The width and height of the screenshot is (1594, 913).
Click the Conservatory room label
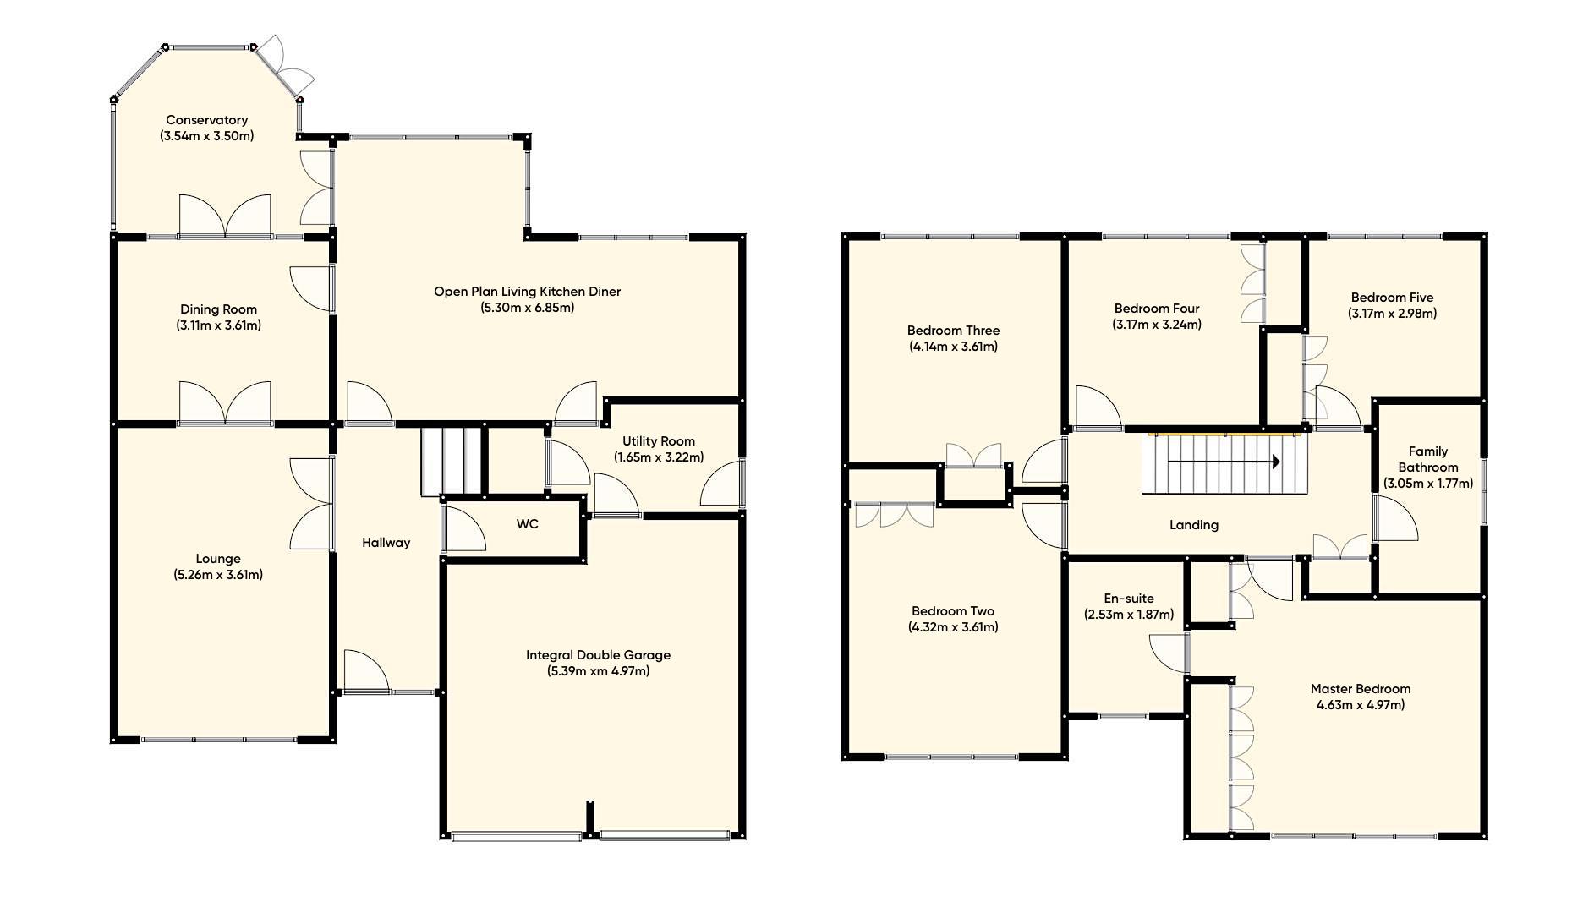(x=206, y=120)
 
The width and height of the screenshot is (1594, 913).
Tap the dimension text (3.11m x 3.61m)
(x=218, y=325)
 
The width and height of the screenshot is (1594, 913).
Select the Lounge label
(x=218, y=559)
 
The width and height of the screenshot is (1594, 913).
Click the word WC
(x=527, y=524)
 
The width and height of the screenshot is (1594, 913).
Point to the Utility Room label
(x=658, y=441)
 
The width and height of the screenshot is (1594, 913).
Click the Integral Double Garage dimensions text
(x=598, y=671)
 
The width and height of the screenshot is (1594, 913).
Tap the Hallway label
(x=386, y=543)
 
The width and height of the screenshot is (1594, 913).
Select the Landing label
(x=1193, y=525)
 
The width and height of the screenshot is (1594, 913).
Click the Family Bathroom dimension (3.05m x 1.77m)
(x=1427, y=484)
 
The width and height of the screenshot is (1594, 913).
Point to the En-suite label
(x=1128, y=599)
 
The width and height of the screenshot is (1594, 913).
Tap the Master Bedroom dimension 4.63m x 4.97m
(x=1360, y=705)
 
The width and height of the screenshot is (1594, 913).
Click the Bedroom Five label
(x=1392, y=298)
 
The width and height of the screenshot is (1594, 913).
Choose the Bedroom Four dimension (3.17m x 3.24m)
(x=1156, y=325)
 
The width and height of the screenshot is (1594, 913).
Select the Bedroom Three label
(x=953, y=331)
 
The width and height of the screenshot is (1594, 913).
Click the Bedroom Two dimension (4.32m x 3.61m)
(x=953, y=627)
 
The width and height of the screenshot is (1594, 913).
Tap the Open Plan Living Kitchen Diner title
(x=527, y=292)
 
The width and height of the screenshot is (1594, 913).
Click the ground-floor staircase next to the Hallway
(x=452, y=461)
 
